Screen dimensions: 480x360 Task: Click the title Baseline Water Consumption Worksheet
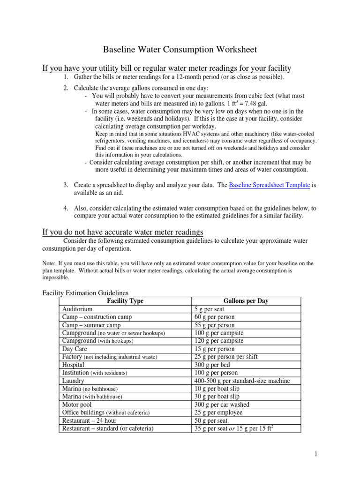(180, 49)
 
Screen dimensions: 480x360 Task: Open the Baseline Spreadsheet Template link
(270, 185)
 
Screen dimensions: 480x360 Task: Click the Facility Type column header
(125, 301)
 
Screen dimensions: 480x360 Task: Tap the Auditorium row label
(77, 309)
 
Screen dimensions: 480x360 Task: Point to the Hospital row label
(74, 365)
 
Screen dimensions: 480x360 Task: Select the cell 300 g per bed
(212, 365)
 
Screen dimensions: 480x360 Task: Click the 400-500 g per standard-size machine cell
(242, 381)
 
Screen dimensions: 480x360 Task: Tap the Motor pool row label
(77, 405)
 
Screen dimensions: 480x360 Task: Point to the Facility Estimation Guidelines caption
(82, 293)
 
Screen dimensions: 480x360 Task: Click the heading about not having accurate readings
(123, 232)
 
